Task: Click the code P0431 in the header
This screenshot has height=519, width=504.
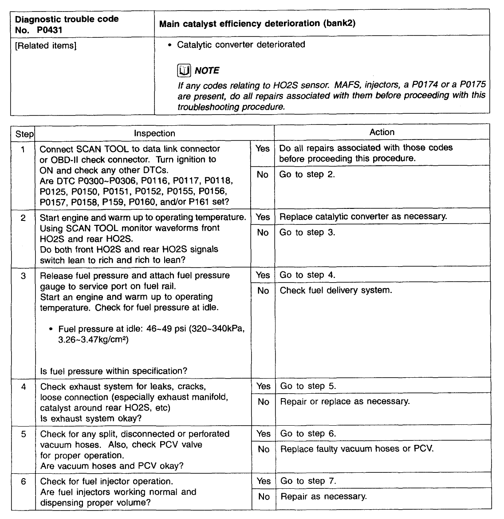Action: pyautogui.click(x=50, y=30)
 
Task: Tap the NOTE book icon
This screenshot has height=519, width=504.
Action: pyautogui.click(x=184, y=70)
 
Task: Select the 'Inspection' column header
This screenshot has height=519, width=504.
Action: pyautogui.click(x=154, y=133)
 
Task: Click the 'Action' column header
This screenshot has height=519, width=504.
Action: pyautogui.click(x=382, y=132)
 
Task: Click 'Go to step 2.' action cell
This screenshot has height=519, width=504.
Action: pyautogui.click(x=307, y=174)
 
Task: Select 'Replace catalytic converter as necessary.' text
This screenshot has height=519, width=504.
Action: pyautogui.click(x=363, y=216)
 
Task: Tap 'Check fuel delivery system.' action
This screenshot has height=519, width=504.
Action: pyautogui.click(x=336, y=290)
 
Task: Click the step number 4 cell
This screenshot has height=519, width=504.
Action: pyautogui.click(x=23, y=387)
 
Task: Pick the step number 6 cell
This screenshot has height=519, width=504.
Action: pyautogui.click(x=23, y=481)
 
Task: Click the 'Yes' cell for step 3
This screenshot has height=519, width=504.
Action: pyautogui.click(x=263, y=275)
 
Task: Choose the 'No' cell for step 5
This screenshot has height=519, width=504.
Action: pyautogui.click(x=264, y=449)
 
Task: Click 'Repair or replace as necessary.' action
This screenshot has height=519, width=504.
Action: pyautogui.click(x=345, y=401)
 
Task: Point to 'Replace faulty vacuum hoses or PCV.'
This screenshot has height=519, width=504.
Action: pyautogui.click(x=357, y=449)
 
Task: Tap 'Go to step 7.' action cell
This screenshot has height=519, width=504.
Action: pyautogui.click(x=308, y=481)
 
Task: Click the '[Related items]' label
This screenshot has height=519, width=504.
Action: pyautogui.click(x=46, y=46)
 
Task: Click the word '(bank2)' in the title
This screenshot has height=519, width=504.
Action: pyautogui.click(x=340, y=23)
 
